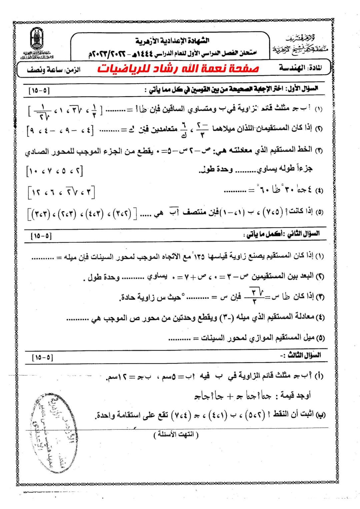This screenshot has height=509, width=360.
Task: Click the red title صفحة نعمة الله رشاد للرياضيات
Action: [178, 69]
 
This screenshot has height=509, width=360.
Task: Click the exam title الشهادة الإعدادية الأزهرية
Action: [172, 41]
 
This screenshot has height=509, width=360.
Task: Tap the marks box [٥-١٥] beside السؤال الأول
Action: [39, 91]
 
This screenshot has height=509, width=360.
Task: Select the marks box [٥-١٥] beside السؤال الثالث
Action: [42, 358]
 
